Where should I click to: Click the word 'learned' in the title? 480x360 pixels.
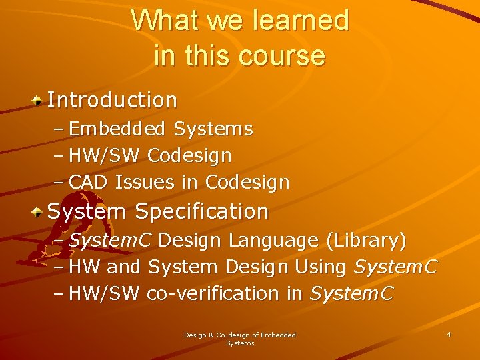click(x=301, y=21)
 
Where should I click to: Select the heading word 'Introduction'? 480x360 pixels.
click(x=113, y=101)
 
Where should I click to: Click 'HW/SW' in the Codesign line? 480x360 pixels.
click(x=104, y=156)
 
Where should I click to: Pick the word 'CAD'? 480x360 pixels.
click(x=89, y=182)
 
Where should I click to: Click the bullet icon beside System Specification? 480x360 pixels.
click(x=39, y=212)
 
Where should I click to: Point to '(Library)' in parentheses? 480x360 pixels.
click(x=366, y=240)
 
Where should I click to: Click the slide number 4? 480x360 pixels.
click(x=449, y=334)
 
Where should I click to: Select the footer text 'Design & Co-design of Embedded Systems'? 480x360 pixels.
click(x=240, y=339)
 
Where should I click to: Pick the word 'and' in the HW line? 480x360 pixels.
click(x=125, y=267)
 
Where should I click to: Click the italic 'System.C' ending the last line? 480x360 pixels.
click(x=352, y=294)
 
